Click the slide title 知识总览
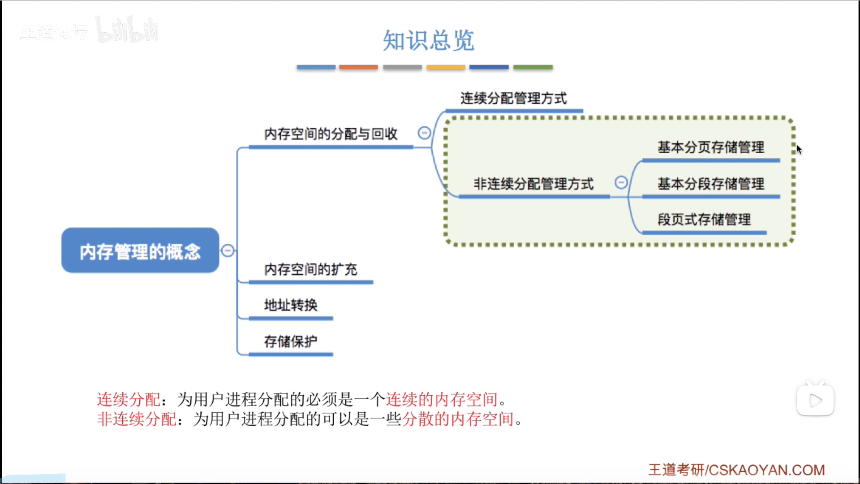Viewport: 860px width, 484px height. point(428,40)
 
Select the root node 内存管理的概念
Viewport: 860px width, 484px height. point(140,251)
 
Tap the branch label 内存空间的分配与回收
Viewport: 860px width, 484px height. point(331,134)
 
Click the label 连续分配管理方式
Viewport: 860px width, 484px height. point(513,98)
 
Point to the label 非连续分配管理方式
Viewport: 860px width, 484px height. point(533,184)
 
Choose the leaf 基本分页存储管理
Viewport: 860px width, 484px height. point(711,147)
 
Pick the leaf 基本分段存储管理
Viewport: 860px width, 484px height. point(711,184)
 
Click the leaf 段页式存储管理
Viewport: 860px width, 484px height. point(704,220)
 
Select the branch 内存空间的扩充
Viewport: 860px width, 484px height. point(310,269)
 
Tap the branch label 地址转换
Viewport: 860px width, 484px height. point(291,305)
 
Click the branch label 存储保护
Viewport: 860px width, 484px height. point(291,341)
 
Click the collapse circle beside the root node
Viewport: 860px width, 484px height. point(228,251)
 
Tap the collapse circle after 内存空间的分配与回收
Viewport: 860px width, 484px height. point(424,133)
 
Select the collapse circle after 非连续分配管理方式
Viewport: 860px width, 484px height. point(621,182)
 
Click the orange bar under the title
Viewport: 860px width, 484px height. point(358,67)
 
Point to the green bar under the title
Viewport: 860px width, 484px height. point(533,67)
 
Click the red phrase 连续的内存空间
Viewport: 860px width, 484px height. point(442,399)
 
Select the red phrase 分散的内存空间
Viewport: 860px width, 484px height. point(458,419)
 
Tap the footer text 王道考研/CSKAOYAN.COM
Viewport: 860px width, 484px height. point(736,470)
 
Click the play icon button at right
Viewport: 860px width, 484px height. point(815,400)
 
